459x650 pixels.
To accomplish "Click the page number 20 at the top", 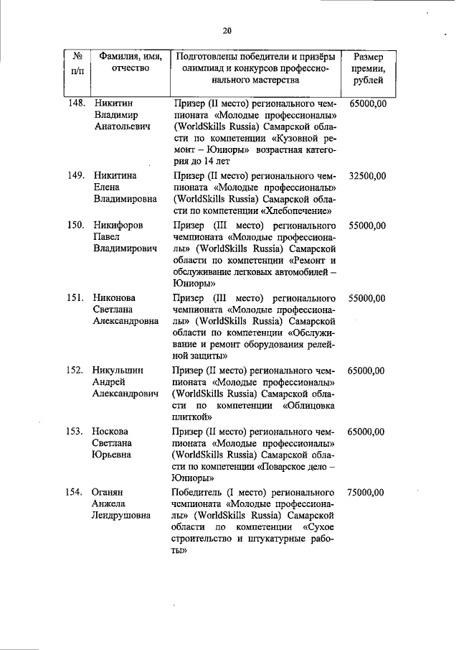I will tap(227, 30).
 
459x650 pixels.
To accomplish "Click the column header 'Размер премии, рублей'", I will tap(368, 68).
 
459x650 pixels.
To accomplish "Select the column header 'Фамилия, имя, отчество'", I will tap(131, 62).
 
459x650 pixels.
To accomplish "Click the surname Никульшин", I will tap(118, 370).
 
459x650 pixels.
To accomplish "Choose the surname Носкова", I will tap(110, 432).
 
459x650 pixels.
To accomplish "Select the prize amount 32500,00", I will tap(368, 175).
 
